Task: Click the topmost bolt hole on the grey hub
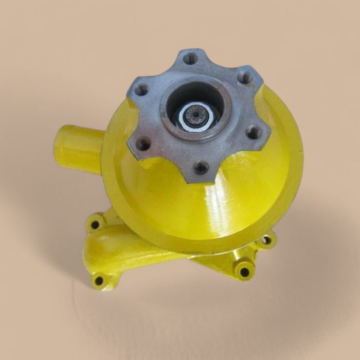tap(191, 58)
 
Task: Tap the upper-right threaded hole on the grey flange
tap(246, 78)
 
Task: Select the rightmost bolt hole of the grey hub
tap(254, 133)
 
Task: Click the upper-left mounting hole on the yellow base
tap(95, 224)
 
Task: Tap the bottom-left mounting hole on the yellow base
tap(98, 281)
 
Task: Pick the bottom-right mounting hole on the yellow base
tap(244, 272)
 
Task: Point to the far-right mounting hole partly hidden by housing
tap(266, 240)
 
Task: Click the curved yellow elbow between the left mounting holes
tap(103, 252)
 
